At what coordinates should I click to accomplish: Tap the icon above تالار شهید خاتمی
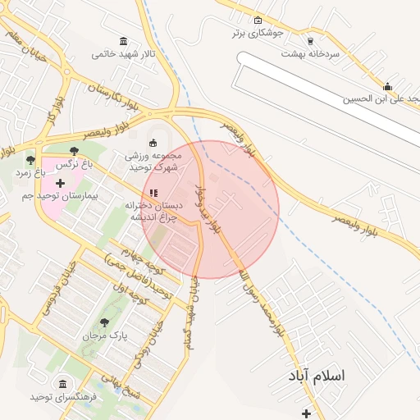tap(123, 41)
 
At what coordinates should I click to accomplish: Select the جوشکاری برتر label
tap(259, 34)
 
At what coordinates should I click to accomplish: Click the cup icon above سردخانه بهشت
tap(310, 40)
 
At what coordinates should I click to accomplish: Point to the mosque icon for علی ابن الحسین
tap(387, 86)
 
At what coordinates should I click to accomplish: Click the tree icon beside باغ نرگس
tap(75, 151)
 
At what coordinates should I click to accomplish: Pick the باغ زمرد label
tap(31, 174)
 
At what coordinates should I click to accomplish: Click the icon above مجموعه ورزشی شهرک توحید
tap(153, 142)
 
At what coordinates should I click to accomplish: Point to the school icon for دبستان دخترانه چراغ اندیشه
tap(153, 193)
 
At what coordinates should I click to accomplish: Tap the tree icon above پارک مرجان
tap(104, 322)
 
